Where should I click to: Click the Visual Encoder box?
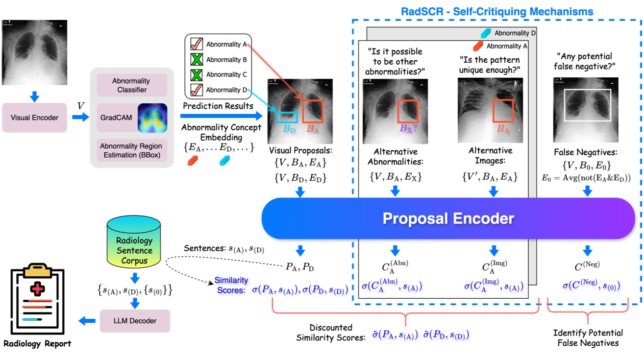pyautogui.click(x=34, y=118)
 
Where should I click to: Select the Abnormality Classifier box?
pyautogui.click(x=131, y=85)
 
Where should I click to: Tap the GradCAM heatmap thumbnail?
pyautogui.click(x=152, y=118)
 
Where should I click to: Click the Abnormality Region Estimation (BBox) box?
pyautogui.click(x=131, y=150)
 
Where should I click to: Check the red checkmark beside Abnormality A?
pyautogui.click(x=196, y=45)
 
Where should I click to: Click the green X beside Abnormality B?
pyautogui.click(x=196, y=60)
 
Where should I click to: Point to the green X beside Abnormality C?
pyautogui.click(x=196, y=75)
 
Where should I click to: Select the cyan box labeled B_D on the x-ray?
pyautogui.click(x=287, y=117)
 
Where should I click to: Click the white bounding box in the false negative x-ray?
pyautogui.click(x=587, y=105)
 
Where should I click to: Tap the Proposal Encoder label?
pyautogui.click(x=448, y=218)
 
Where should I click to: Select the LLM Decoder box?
pyautogui.click(x=135, y=321)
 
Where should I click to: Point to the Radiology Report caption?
pyautogui.click(x=37, y=343)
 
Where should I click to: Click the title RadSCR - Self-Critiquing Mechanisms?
pyautogui.click(x=497, y=11)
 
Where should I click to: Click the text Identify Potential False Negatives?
pyautogui.click(x=588, y=338)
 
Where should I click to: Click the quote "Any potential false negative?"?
pyautogui.click(x=584, y=62)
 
